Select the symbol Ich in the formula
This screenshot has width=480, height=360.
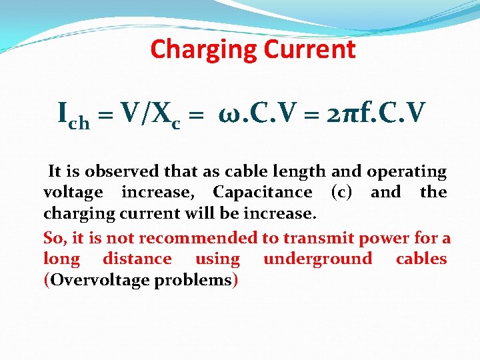pos(73,117)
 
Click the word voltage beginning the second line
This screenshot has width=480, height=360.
pos(73,193)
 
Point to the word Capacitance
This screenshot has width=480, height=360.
pos(262,193)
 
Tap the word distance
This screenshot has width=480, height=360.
pos(137,259)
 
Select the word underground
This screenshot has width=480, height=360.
pos(317,259)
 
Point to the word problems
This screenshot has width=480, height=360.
pos(193,280)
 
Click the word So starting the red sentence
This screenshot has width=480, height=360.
pos(53,238)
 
